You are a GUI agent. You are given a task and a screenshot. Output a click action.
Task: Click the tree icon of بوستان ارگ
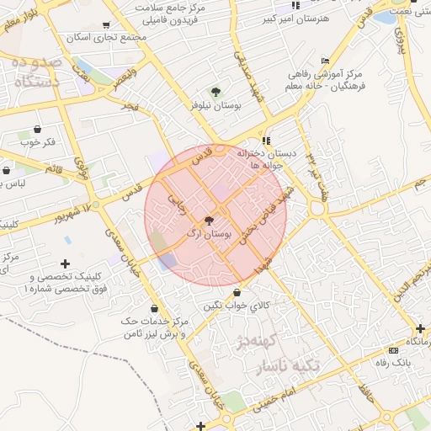pyautogui.click(x=210, y=220)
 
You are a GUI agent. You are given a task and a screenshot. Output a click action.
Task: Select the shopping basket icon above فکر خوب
pyautogui.click(x=38, y=130)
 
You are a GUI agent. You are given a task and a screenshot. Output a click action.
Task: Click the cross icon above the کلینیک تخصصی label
pyautogui.click(x=66, y=264)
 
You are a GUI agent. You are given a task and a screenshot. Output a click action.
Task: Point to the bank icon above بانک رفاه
pyautogui.click(x=392, y=350)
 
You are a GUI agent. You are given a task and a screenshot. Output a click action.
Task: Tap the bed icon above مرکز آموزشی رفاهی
pyautogui.click(x=326, y=61)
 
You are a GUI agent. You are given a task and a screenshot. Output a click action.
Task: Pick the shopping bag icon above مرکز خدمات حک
pyautogui.click(x=153, y=308)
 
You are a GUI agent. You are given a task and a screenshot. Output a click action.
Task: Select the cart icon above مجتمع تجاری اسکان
pyautogui.click(x=105, y=26)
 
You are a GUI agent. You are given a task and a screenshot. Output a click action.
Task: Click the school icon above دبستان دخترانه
pyautogui.click(x=267, y=141)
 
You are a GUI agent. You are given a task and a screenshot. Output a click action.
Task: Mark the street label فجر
pyautogui.click(x=130, y=105)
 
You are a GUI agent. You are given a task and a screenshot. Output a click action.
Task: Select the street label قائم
pyautogui.click(x=54, y=170)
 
